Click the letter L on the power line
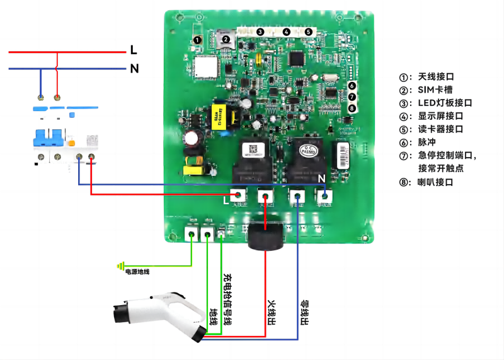point(133,49)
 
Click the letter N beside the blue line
point(134,69)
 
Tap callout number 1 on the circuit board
point(197,40)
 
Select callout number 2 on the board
point(225,39)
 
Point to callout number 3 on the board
point(260,32)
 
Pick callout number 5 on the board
point(308,32)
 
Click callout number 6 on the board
point(352,86)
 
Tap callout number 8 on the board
point(352,108)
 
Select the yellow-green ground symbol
point(120,266)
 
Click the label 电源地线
point(137,272)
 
